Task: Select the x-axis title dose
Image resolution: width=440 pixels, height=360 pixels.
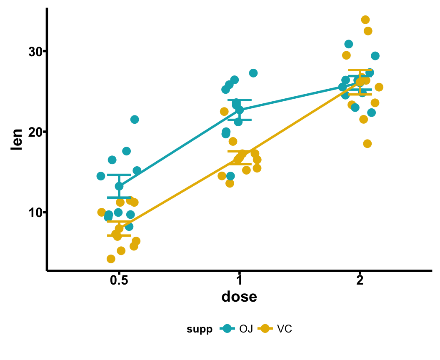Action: (x=239, y=297)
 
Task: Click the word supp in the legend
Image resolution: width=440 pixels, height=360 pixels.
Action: (x=199, y=329)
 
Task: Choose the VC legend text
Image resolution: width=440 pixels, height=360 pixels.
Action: (x=285, y=329)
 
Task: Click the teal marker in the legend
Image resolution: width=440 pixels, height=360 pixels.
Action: (x=227, y=329)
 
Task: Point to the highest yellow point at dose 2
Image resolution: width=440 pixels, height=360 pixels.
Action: (x=365, y=20)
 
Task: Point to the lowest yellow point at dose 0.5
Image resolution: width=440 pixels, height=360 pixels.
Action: (x=111, y=259)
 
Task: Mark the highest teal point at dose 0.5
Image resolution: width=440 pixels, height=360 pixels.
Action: (x=135, y=120)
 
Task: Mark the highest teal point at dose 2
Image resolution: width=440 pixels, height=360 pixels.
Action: (x=349, y=44)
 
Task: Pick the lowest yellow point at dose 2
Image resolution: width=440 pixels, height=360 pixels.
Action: (x=367, y=144)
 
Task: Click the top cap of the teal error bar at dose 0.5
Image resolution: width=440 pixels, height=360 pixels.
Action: (x=119, y=175)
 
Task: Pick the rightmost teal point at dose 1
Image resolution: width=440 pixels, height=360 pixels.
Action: (x=253, y=73)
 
